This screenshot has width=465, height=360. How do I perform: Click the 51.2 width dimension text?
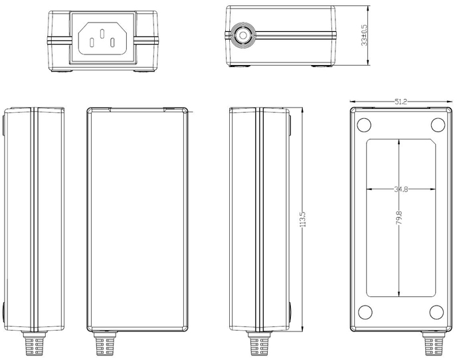click(x=401, y=102)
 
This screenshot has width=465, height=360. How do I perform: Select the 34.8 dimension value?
click(x=401, y=189)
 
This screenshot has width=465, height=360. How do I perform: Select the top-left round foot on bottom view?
click(x=364, y=125)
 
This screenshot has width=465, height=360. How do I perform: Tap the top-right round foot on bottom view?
click(x=437, y=125)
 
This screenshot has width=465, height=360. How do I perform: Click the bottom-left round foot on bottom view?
click(x=364, y=312)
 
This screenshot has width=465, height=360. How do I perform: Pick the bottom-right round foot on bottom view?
click(x=437, y=312)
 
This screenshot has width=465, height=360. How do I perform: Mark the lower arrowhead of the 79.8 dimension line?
click(x=399, y=293)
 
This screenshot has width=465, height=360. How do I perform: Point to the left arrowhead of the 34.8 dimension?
click(x=369, y=189)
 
